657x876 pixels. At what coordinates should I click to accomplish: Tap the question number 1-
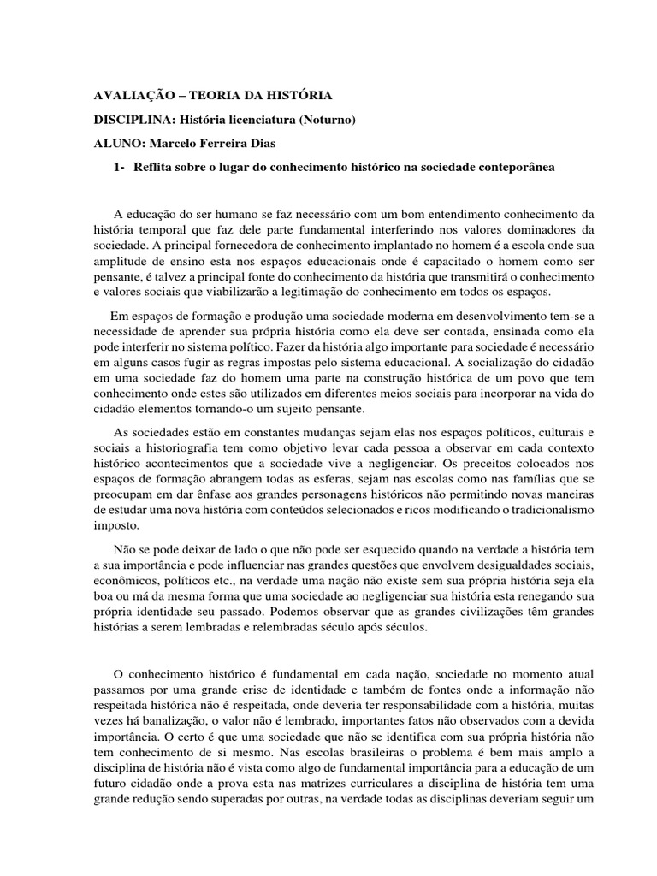(118, 167)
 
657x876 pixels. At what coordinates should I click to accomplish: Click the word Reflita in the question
(153, 167)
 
